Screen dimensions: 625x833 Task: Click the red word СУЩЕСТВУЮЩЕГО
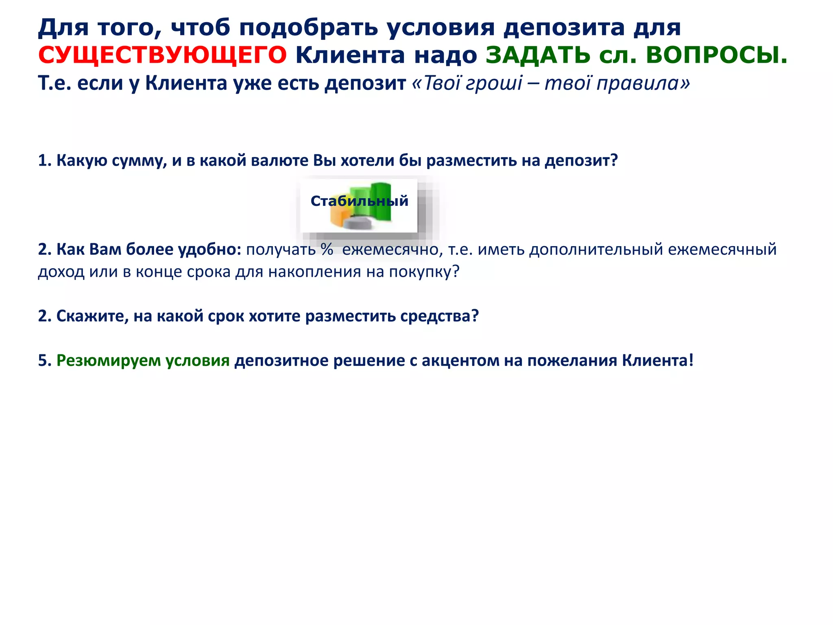tap(162, 55)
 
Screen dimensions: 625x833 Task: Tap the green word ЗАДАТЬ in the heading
tap(538, 55)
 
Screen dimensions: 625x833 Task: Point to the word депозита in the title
tap(564, 28)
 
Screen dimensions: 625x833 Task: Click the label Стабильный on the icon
tap(359, 201)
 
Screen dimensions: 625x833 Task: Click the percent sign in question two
tap(327, 249)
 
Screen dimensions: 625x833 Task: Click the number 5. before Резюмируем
tap(45, 361)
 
